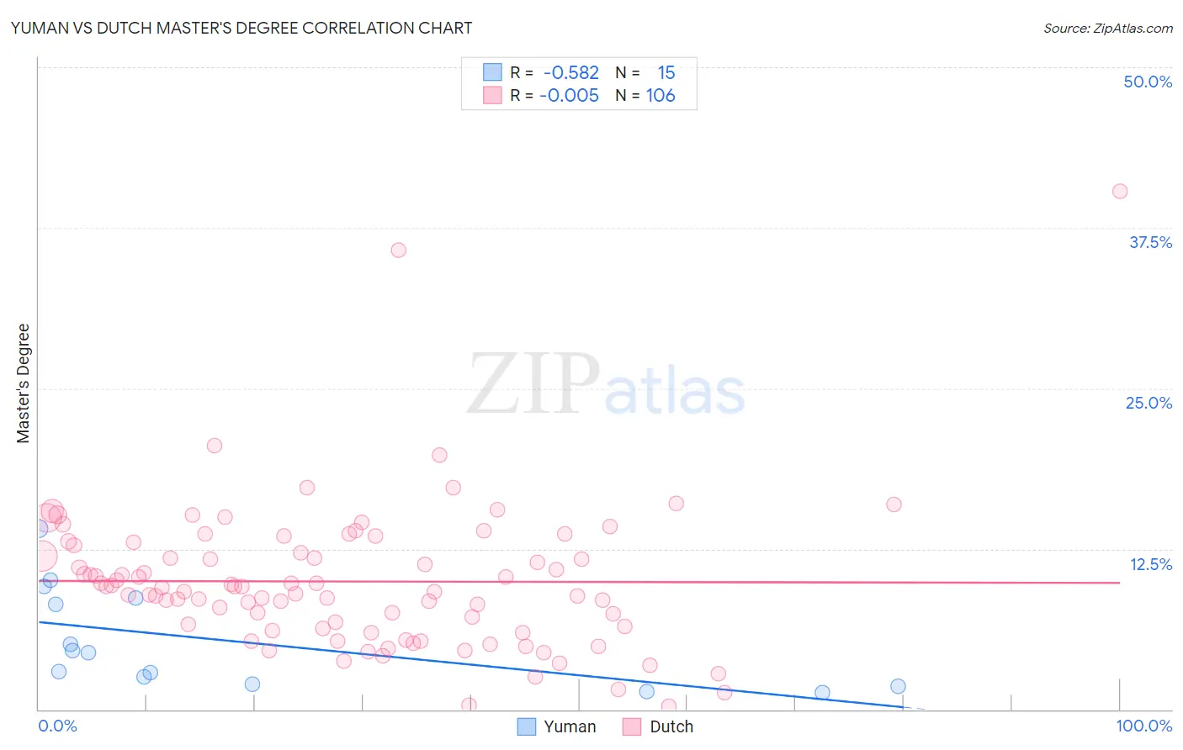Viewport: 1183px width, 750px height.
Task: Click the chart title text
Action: pyautogui.click(x=241, y=28)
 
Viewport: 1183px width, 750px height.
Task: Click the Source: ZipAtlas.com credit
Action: pyautogui.click(x=1107, y=28)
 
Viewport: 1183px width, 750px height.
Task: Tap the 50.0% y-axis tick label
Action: pyautogui.click(x=1148, y=82)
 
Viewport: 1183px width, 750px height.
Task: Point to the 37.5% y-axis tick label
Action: pyautogui.click(x=1150, y=242)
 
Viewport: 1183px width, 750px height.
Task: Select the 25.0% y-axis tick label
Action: pyautogui.click(x=1149, y=403)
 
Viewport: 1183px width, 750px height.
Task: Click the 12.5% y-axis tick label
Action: pyautogui.click(x=1150, y=564)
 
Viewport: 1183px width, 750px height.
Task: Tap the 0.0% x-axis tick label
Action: pyautogui.click(x=57, y=726)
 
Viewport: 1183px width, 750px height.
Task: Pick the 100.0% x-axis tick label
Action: pyautogui.click(x=1143, y=726)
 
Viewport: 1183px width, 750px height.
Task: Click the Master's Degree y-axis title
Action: pyautogui.click(x=24, y=383)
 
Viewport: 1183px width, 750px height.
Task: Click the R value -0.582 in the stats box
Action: pyautogui.click(x=571, y=72)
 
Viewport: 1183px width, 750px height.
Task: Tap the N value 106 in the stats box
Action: pyautogui.click(x=660, y=95)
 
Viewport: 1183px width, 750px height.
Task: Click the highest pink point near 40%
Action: pyautogui.click(x=1120, y=191)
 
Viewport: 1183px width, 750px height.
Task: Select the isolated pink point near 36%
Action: pyautogui.click(x=399, y=250)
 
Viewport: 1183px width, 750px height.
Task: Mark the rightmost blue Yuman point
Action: pyautogui.click(x=898, y=686)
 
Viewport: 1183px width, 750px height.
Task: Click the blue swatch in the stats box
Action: pyautogui.click(x=492, y=72)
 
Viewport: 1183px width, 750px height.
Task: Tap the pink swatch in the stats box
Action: pyautogui.click(x=492, y=95)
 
